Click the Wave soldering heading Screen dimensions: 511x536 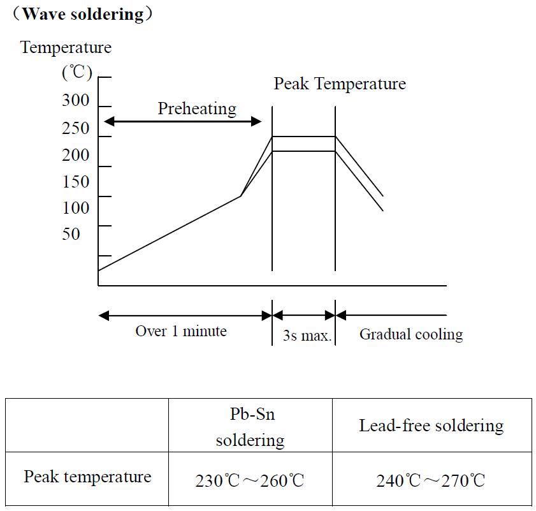tap(83, 14)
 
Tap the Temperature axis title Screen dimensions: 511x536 tap(66, 47)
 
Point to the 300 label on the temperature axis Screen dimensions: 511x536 tap(76, 101)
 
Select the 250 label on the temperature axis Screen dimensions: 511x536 tap(76, 128)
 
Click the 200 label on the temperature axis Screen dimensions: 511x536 tap(76, 155)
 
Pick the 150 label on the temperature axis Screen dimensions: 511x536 tap(76, 182)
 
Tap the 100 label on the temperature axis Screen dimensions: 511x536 tap(76, 208)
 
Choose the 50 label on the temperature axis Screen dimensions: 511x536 tap(71, 234)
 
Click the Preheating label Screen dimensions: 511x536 tap(197, 108)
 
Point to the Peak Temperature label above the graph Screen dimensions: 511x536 tap(340, 84)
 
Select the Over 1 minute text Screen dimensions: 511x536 tap(181, 331)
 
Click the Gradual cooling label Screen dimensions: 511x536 tap(411, 334)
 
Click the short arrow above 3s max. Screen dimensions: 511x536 tap(304, 315)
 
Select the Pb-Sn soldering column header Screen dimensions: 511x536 tap(250, 426)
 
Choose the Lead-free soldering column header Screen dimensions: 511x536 tap(431, 426)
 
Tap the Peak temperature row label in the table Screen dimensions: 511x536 tap(87, 477)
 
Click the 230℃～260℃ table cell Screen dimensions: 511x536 tap(250, 480)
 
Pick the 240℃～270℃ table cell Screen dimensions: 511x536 tap(431, 480)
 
